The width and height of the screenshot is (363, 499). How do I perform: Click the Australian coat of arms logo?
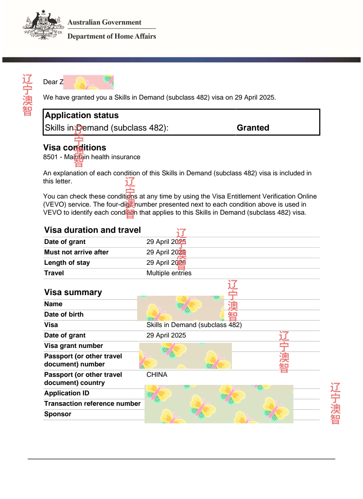tap(43, 25)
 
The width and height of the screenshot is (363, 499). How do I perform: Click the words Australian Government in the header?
tap(104, 22)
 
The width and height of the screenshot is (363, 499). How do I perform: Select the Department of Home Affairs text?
tap(112, 36)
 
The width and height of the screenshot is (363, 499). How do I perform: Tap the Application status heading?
tap(82, 115)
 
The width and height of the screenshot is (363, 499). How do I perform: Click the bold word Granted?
tap(253, 128)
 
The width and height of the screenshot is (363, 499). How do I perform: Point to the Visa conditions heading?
tap(75, 148)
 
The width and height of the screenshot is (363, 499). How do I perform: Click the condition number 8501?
tap(50, 157)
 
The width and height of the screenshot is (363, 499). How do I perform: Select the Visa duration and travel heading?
tap(92, 230)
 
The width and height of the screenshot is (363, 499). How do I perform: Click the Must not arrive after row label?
tap(76, 252)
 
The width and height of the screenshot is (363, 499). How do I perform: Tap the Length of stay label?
tap(67, 263)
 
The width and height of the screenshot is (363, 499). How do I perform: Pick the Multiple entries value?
tap(169, 273)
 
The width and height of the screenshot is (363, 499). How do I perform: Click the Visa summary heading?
tap(73, 292)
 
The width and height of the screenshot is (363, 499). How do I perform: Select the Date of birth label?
tap(64, 315)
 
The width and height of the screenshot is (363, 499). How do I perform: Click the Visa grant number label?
tap(74, 346)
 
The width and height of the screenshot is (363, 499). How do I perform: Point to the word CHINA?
tap(157, 375)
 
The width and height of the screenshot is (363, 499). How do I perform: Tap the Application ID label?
tap(67, 393)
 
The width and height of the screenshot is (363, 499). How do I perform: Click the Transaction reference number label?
tap(92, 404)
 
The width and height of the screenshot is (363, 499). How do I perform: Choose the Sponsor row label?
tap(58, 414)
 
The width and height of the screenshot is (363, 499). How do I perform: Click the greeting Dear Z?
tap(53, 82)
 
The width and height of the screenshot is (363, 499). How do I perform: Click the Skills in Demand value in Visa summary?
tap(194, 325)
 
